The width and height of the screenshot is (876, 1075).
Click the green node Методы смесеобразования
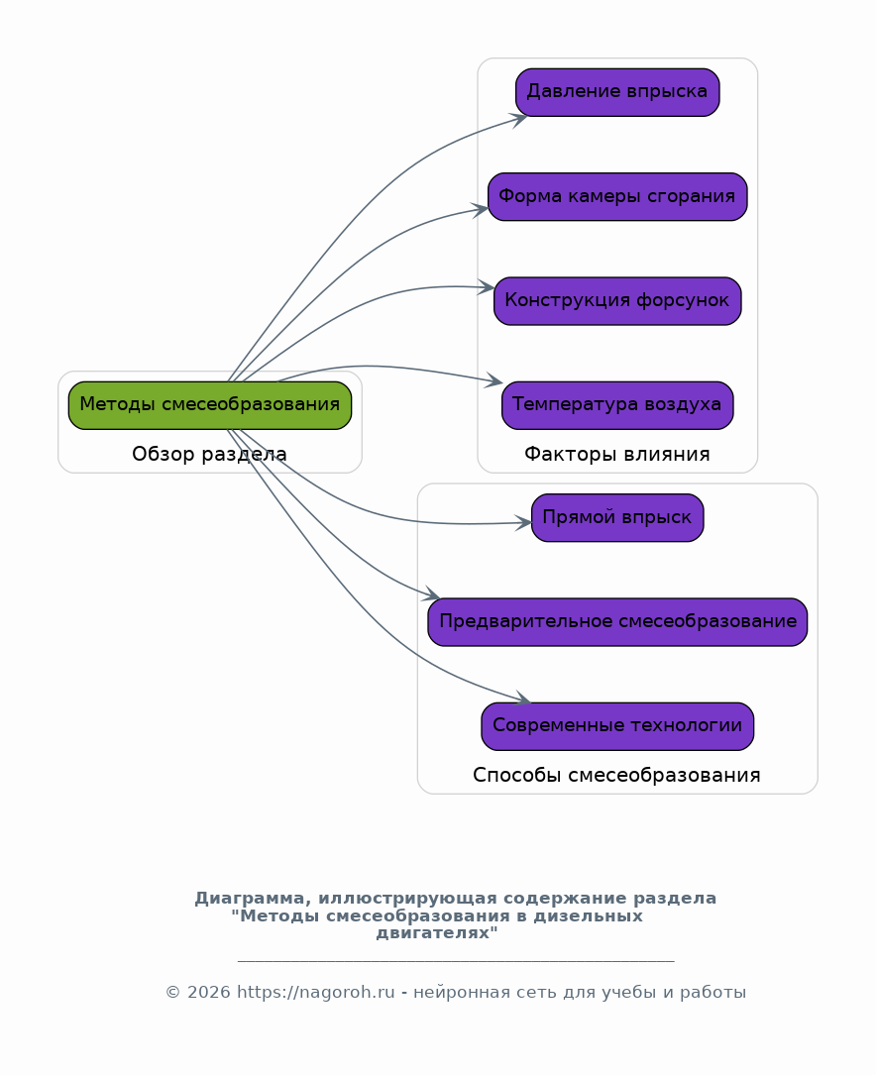(209, 405)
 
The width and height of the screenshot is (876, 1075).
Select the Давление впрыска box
(617, 92)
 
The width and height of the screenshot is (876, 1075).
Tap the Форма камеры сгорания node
(617, 196)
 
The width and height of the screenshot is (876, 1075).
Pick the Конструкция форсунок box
(617, 300)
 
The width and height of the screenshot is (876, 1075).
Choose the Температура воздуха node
(617, 405)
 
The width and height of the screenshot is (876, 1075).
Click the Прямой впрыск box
(617, 518)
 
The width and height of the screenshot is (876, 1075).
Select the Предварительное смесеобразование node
(617, 622)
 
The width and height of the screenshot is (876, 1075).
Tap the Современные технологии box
(617, 726)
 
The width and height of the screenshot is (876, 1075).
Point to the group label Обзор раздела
(209, 455)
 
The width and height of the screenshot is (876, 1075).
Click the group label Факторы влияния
(617, 455)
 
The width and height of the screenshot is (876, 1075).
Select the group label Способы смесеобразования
(617, 776)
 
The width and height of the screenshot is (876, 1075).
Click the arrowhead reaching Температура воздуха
(495, 381)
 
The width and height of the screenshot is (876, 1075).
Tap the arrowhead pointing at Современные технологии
(523, 700)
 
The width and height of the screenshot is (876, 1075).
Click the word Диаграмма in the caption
(253, 899)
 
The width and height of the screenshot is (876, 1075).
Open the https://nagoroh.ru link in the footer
(316, 993)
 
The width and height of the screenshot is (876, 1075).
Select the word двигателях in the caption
(436, 933)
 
